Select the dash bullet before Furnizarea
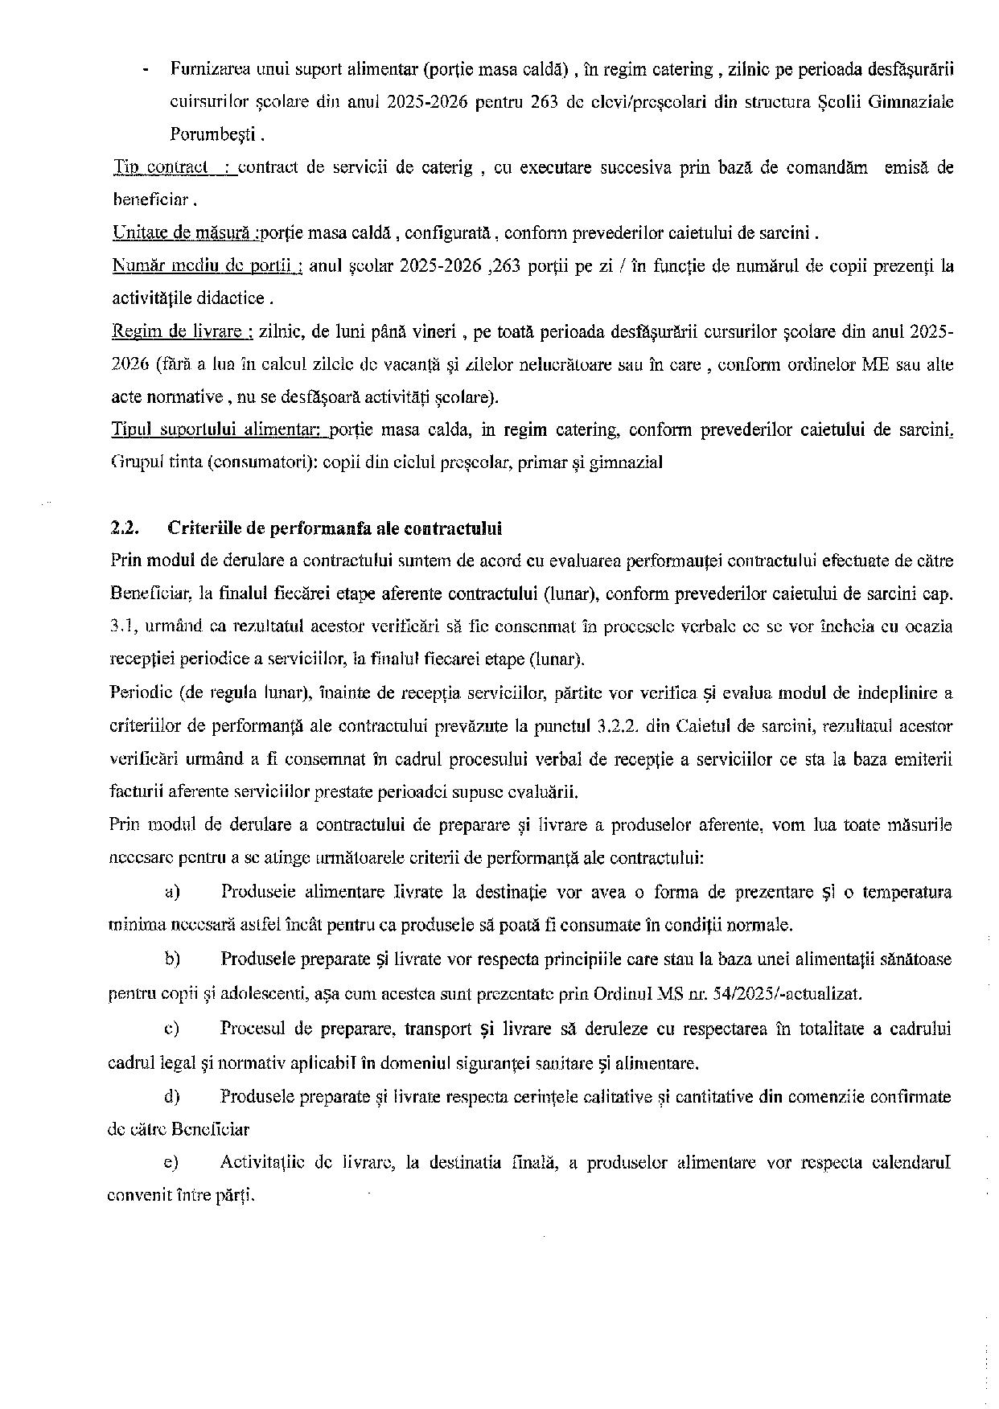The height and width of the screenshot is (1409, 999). [x=145, y=70]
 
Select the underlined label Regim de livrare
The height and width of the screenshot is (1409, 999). [x=183, y=331]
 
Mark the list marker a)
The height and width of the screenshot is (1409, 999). [x=171, y=891]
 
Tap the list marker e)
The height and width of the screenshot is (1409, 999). [x=171, y=1162]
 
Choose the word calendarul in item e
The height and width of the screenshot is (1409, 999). [x=911, y=1162]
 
